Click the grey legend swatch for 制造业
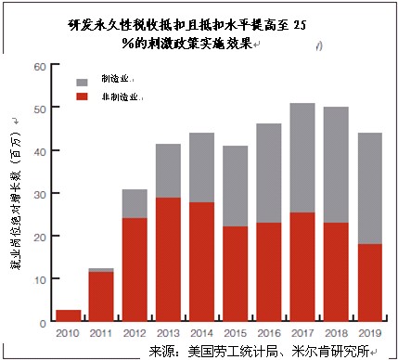coord(82,80)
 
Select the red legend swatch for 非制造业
coord(82,96)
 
